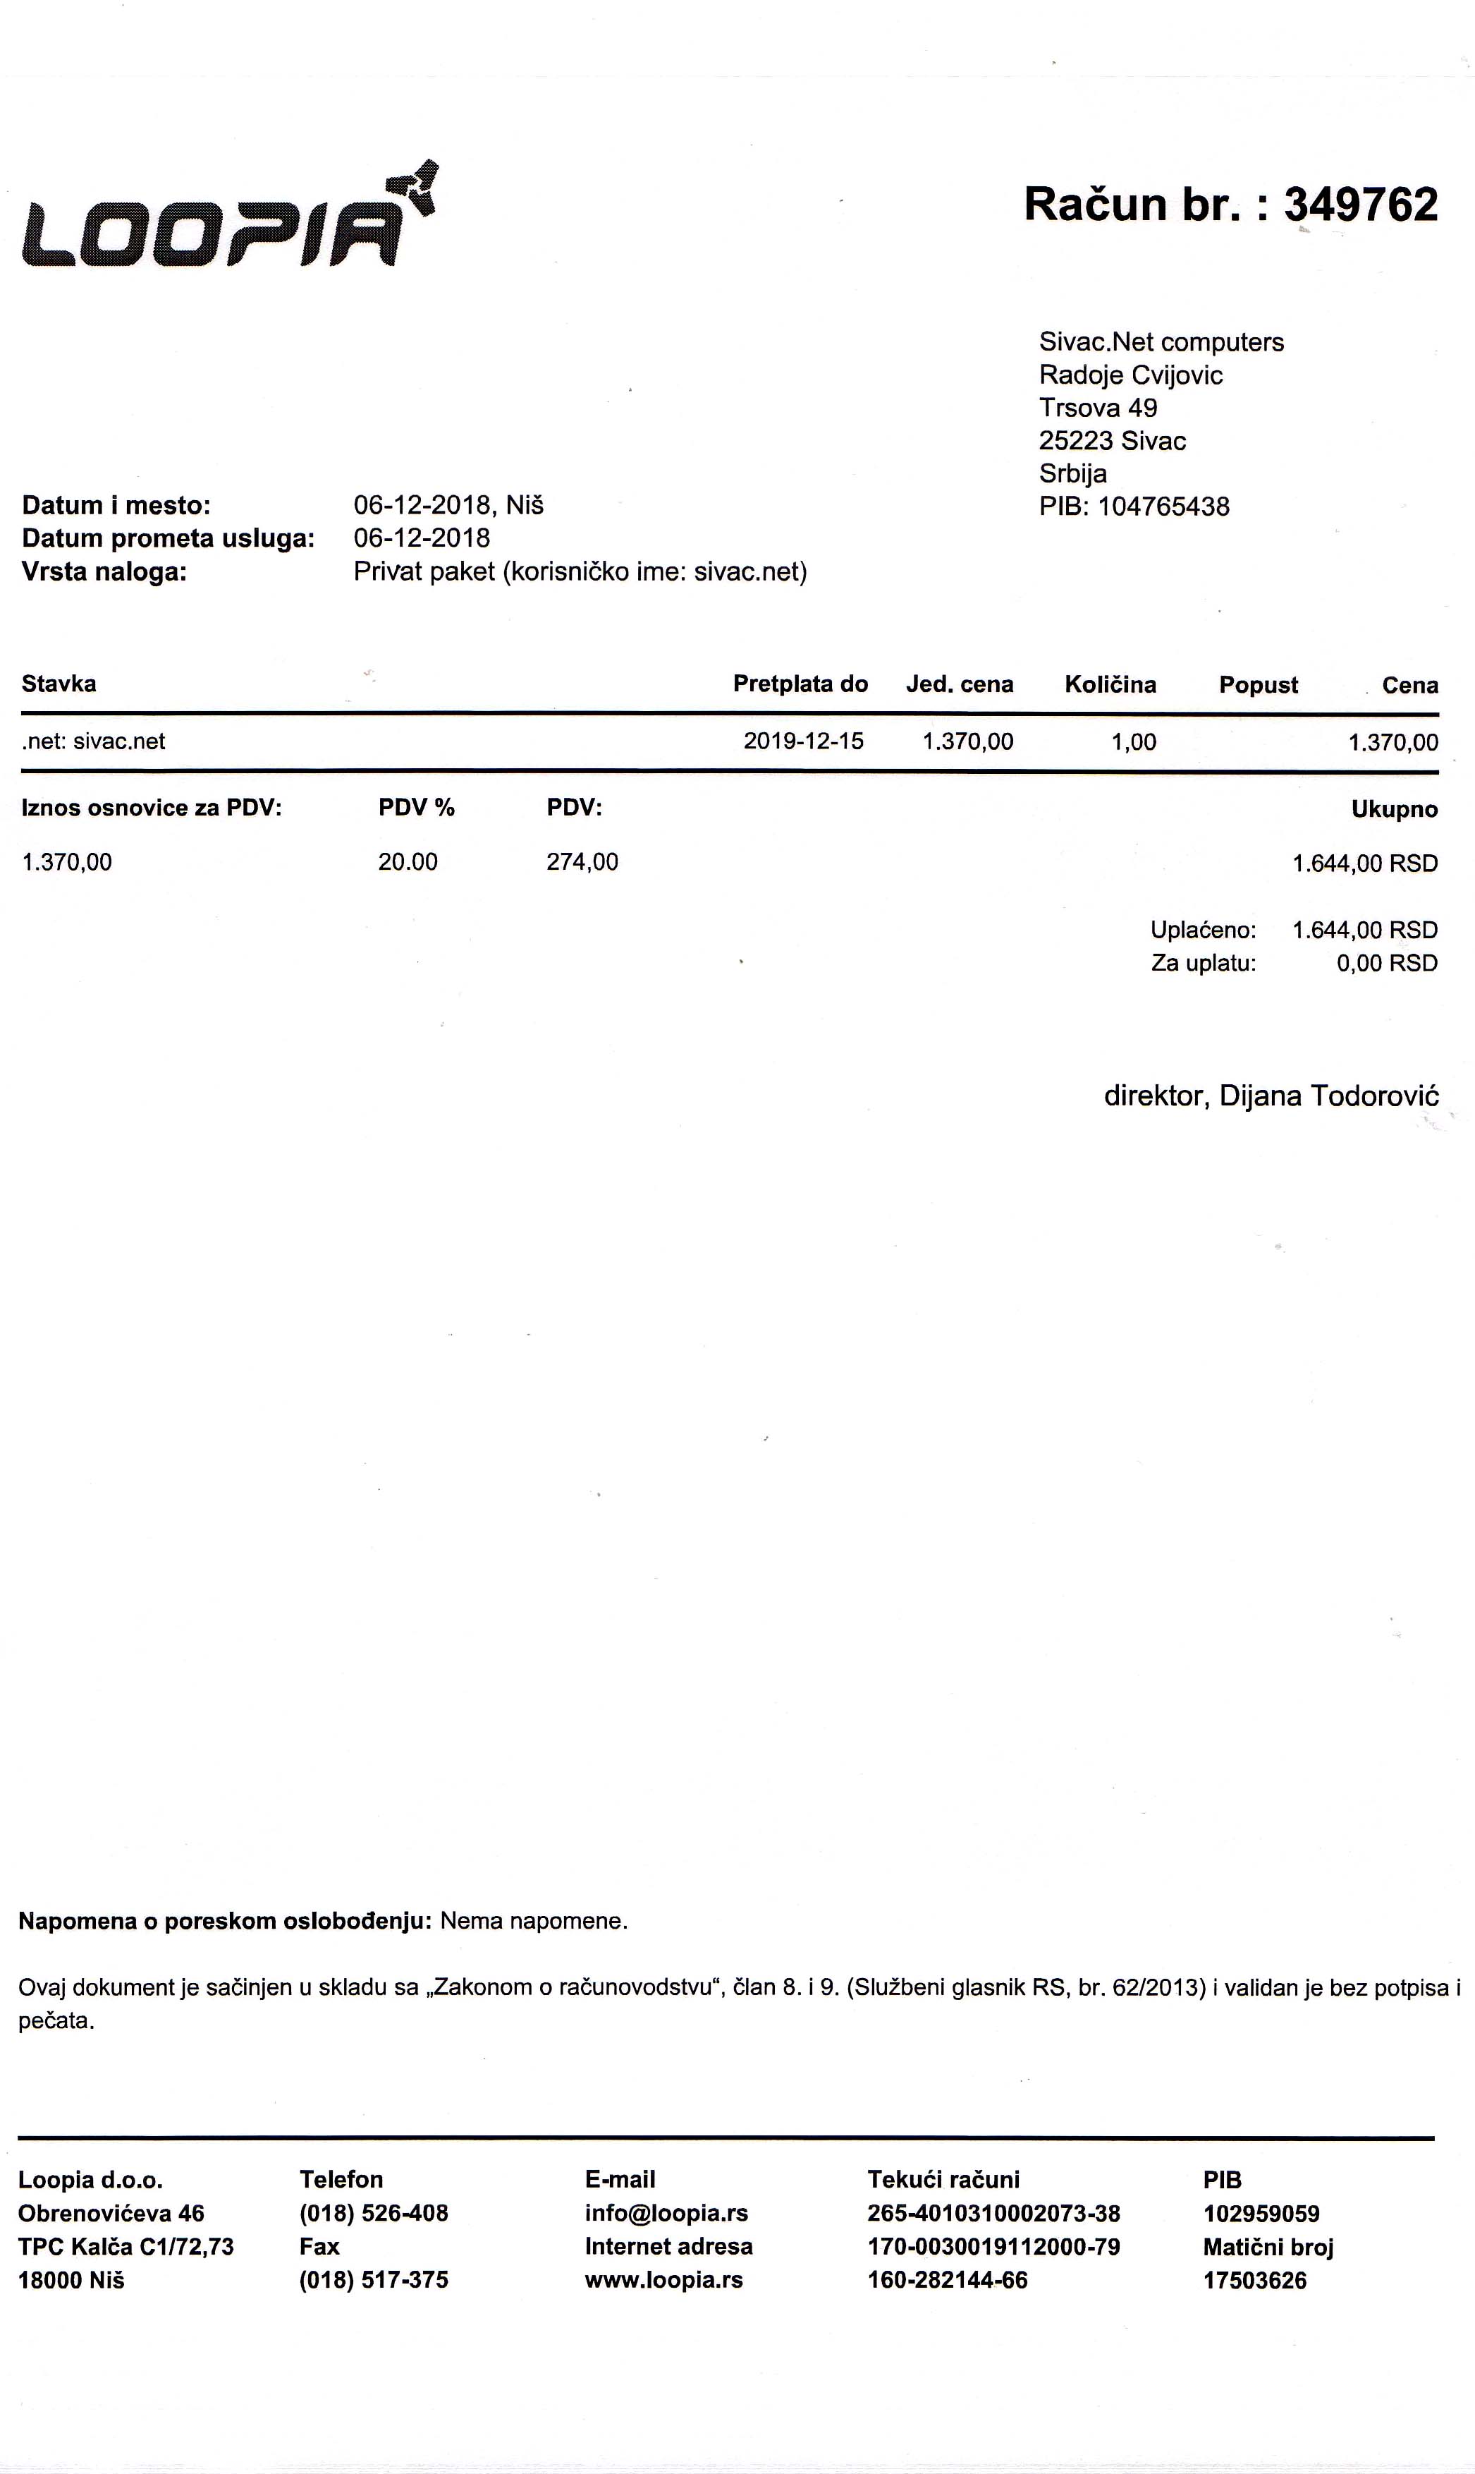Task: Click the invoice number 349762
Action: coord(1361,205)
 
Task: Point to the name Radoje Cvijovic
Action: coord(1130,375)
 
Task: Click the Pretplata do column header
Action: coord(800,684)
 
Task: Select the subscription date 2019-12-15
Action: coord(803,742)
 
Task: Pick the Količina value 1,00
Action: coord(1133,742)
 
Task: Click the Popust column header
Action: coord(1259,685)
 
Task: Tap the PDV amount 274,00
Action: coord(582,862)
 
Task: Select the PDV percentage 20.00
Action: coord(408,862)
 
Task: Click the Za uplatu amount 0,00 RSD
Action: coord(1387,964)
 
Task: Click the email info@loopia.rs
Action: coord(666,2214)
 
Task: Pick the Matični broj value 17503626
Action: coord(1254,2281)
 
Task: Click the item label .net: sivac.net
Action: coord(94,742)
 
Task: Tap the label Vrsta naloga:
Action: coord(104,572)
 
